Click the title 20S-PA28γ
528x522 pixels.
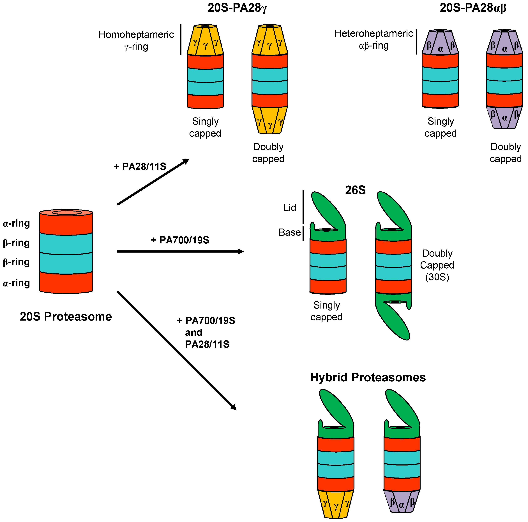237,8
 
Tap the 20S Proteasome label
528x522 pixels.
66,317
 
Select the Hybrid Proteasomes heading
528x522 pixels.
368,377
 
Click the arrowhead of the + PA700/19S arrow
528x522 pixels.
241,252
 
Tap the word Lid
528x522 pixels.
289,208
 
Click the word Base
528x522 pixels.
289,232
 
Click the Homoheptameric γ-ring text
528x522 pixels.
136,40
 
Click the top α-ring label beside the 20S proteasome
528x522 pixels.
16,224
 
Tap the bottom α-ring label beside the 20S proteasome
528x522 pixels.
16,283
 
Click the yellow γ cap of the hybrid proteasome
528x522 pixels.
336,504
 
